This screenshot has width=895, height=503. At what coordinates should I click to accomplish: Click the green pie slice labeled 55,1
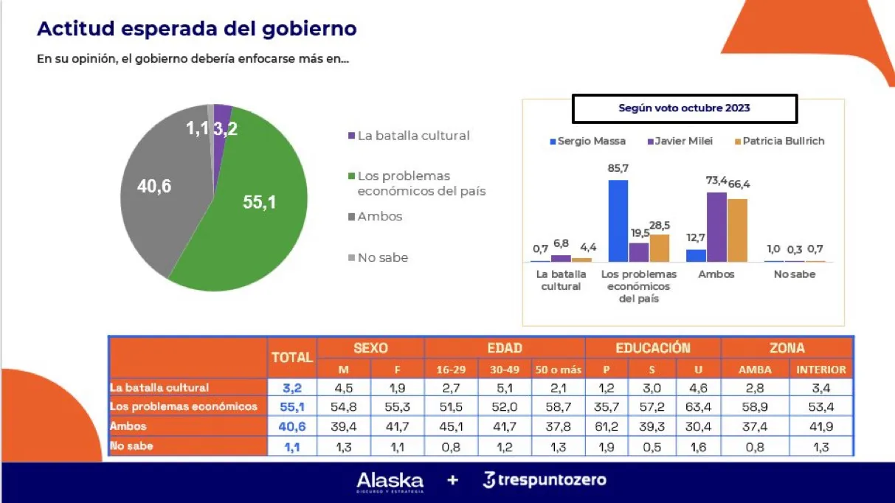point(251,214)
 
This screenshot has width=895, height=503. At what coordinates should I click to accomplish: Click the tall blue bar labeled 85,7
point(618,221)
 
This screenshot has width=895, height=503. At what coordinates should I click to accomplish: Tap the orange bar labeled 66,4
point(737,230)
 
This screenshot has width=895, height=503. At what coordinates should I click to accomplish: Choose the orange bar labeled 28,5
point(660,248)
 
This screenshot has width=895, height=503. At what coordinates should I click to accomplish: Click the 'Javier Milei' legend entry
point(680,141)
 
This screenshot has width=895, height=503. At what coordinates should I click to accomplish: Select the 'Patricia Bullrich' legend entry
point(778,141)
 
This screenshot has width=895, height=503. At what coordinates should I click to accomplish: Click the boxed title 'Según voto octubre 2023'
point(684,108)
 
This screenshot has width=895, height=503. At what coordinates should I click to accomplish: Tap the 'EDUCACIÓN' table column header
point(652,348)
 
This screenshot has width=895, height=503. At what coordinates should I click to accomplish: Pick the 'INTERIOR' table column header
point(820,370)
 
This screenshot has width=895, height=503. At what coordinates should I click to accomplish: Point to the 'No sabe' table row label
point(131,445)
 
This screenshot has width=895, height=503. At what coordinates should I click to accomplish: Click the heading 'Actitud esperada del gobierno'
point(197,29)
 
